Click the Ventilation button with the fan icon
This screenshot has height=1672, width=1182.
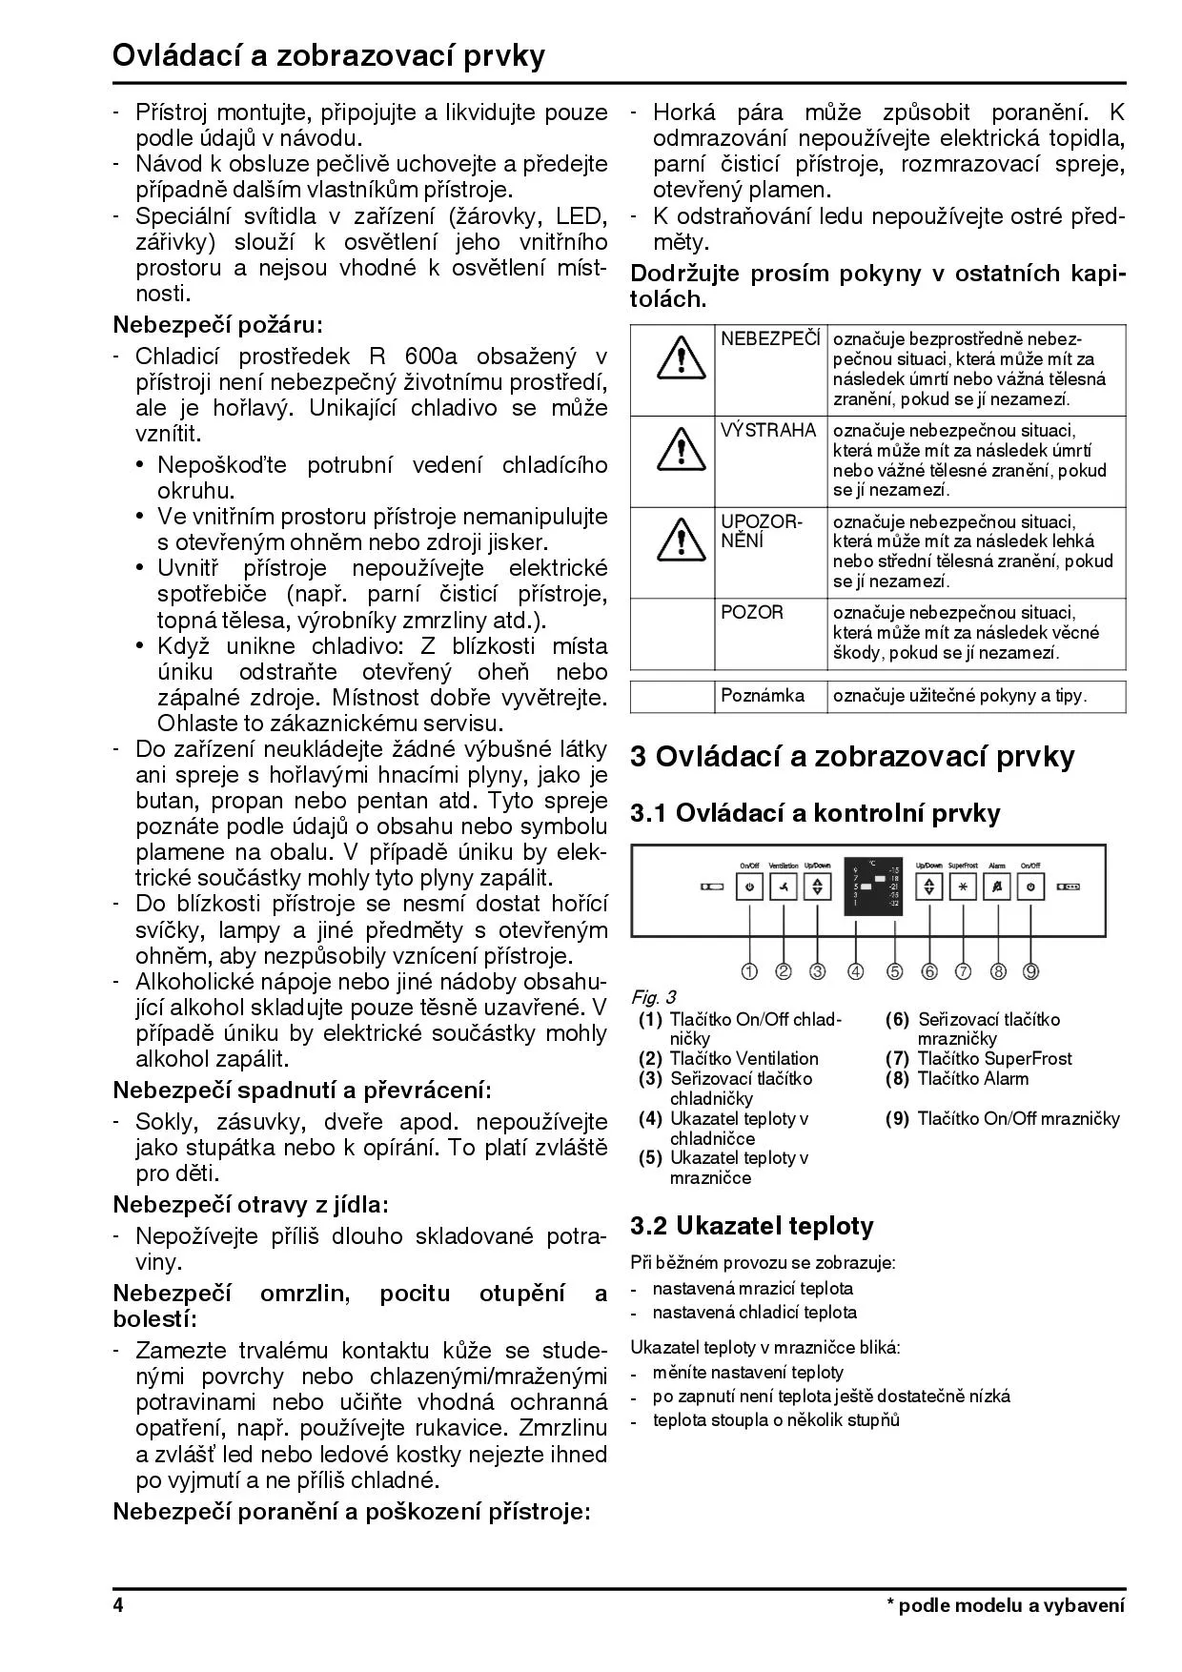pos(784,887)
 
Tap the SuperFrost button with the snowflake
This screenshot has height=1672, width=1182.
pos(963,887)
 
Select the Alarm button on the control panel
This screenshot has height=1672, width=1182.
pos(997,887)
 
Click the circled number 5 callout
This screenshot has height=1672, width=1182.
pos(894,971)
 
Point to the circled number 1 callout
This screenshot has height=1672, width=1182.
pos(749,971)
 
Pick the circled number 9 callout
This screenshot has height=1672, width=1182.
pos(1031,971)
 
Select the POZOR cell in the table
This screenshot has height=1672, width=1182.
pos(752,613)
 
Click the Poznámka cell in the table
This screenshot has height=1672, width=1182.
pos(763,696)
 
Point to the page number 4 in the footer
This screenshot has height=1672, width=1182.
pos(118,1605)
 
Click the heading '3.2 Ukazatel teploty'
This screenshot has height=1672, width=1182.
pos(752,1226)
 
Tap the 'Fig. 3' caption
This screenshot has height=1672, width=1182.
pos(653,997)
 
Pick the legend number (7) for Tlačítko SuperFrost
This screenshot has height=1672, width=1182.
pos(897,1059)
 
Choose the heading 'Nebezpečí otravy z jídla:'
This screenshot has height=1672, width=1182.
pos(251,1205)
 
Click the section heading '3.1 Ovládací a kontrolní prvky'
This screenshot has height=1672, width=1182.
pos(815,813)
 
